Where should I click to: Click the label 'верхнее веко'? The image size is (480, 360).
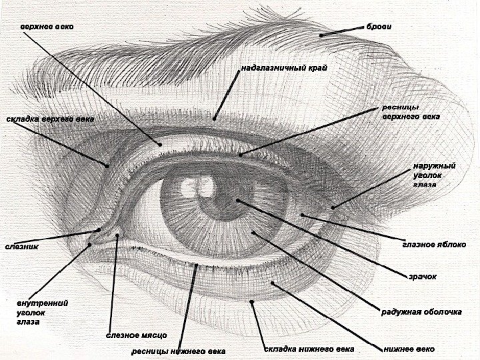click(x=47, y=27)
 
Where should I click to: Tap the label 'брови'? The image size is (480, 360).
click(x=379, y=27)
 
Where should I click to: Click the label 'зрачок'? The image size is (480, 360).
click(x=423, y=277)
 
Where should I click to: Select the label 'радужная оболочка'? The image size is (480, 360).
click(x=421, y=311)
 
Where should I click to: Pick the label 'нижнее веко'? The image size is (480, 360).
click(x=409, y=349)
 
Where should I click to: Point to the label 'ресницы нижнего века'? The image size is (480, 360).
click(x=178, y=351)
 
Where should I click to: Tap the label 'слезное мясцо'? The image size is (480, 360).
click(x=136, y=335)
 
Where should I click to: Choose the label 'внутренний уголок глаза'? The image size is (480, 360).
click(x=42, y=312)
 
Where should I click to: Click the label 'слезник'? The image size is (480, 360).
click(x=22, y=247)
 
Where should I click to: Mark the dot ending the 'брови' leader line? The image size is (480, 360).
click(x=321, y=35)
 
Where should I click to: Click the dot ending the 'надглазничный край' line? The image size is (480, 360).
click(x=214, y=119)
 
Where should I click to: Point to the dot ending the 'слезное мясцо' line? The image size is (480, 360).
click(x=117, y=234)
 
